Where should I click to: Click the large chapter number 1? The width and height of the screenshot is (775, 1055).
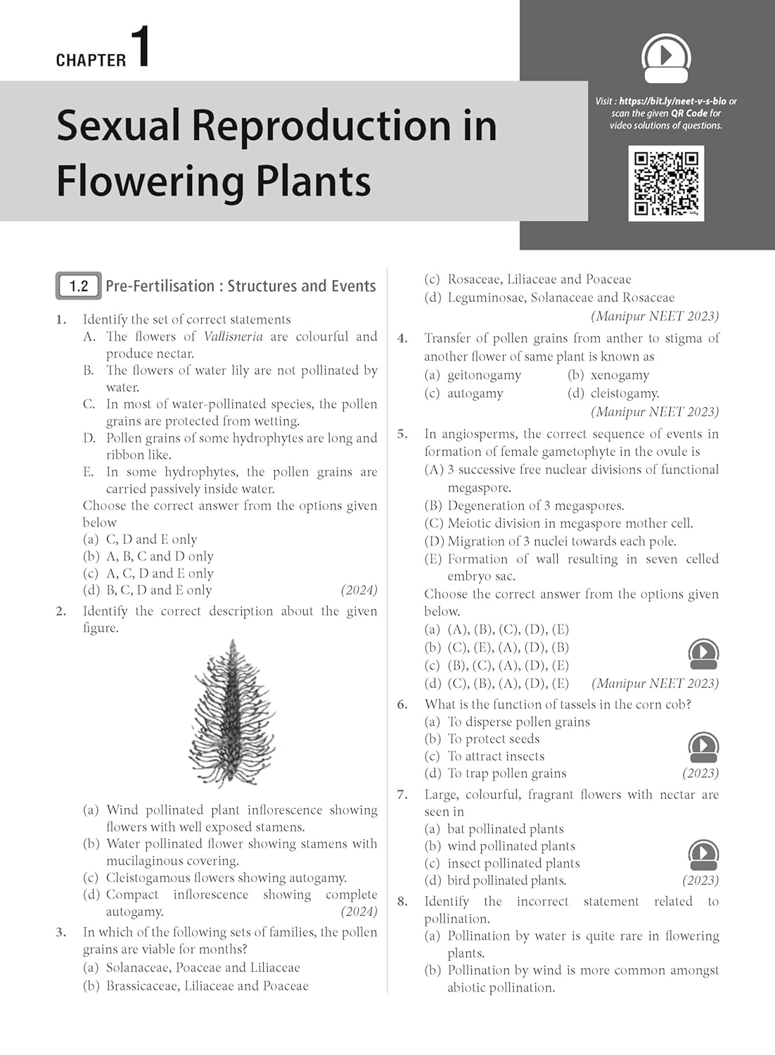click(x=141, y=47)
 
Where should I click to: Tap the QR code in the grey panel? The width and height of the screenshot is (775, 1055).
click(x=665, y=183)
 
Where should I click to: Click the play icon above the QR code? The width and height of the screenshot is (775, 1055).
click(x=666, y=58)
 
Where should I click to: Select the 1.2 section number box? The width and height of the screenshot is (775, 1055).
click(x=79, y=286)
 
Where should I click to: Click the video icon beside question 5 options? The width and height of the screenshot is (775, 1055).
click(x=703, y=653)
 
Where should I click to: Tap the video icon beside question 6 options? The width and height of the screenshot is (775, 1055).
click(x=703, y=747)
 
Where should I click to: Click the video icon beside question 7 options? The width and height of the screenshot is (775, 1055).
click(x=703, y=854)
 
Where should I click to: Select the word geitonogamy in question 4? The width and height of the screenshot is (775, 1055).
click(x=484, y=376)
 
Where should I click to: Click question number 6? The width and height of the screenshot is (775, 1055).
click(x=402, y=704)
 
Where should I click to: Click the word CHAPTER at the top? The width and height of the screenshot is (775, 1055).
click(x=91, y=60)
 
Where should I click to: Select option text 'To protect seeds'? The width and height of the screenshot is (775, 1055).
click(x=493, y=738)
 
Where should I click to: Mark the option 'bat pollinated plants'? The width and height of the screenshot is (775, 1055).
click(x=505, y=829)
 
